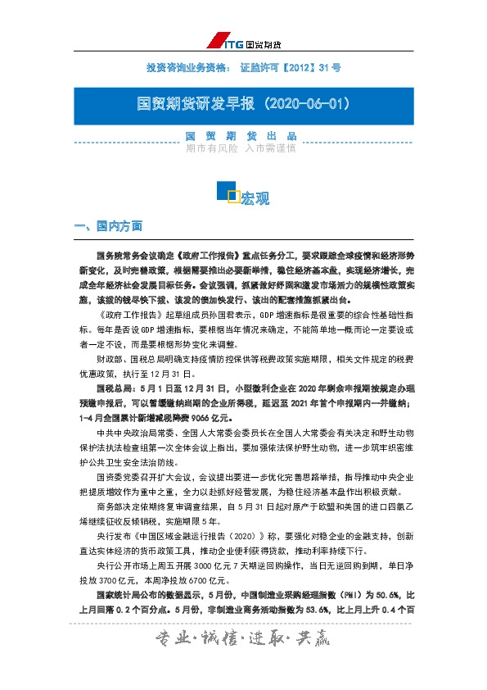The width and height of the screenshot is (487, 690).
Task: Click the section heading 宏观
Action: (x=255, y=198)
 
